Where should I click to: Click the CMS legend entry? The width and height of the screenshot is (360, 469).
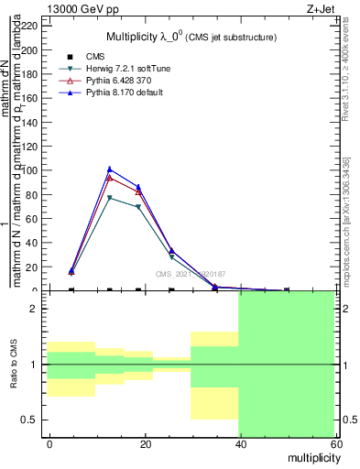coord(106,57)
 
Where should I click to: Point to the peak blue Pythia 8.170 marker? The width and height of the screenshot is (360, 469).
coord(110,169)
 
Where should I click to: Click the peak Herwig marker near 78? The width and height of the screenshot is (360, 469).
coord(110,197)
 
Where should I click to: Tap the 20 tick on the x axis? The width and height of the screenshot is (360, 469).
coord(145,443)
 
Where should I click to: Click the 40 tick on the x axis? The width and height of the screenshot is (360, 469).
coord(239,443)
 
